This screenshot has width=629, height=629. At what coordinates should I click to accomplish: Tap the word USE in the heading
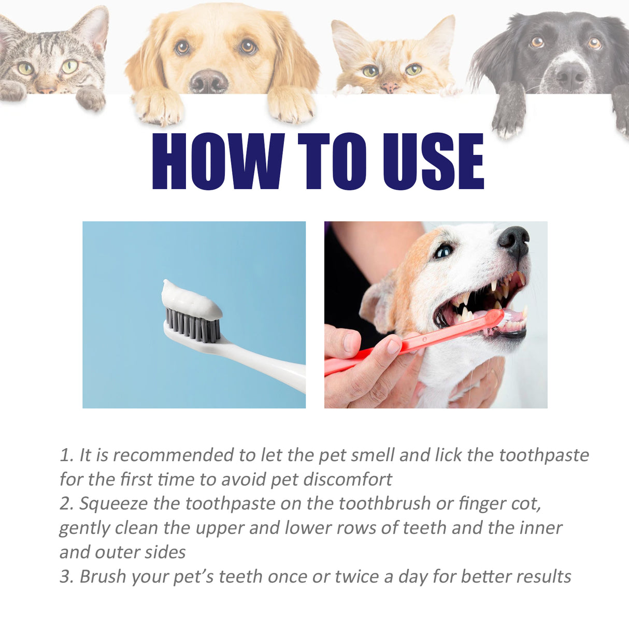(433, 161)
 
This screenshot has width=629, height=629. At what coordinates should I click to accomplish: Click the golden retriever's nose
(208, 82)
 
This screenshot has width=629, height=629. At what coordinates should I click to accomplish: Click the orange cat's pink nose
(390, 87)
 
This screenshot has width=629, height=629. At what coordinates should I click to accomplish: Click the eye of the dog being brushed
(443, 252)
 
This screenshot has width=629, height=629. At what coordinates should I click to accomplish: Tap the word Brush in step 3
(103, 577)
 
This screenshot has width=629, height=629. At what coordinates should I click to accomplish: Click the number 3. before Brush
(66, 577)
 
